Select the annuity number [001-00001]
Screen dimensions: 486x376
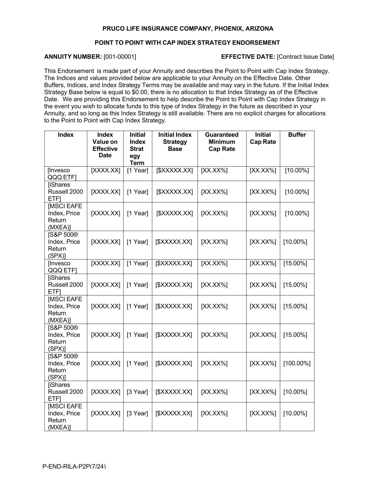tap(120, 57)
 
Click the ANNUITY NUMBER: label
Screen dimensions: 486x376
tap(73, 57)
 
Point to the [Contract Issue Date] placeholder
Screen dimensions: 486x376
tap(305, 57)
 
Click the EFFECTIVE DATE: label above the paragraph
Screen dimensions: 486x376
tap(248, 57)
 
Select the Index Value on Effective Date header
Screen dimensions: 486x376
tap(105, 145)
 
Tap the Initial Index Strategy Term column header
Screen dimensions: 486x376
tap(137, 148)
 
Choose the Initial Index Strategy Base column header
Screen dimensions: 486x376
tap(175, 142)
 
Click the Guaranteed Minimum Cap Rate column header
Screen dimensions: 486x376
tap(222, 142)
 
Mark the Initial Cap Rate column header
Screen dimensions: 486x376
tap(263, 138)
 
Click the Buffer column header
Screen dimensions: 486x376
tap(297, 135)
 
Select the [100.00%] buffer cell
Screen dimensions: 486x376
tap(297, 363)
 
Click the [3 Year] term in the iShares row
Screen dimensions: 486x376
tap(137, 392)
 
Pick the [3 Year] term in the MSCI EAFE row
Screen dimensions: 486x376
tap(137, 413)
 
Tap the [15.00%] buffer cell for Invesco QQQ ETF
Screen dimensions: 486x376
tap(295, 263)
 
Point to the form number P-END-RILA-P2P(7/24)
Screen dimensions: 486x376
tap(74, 466)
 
